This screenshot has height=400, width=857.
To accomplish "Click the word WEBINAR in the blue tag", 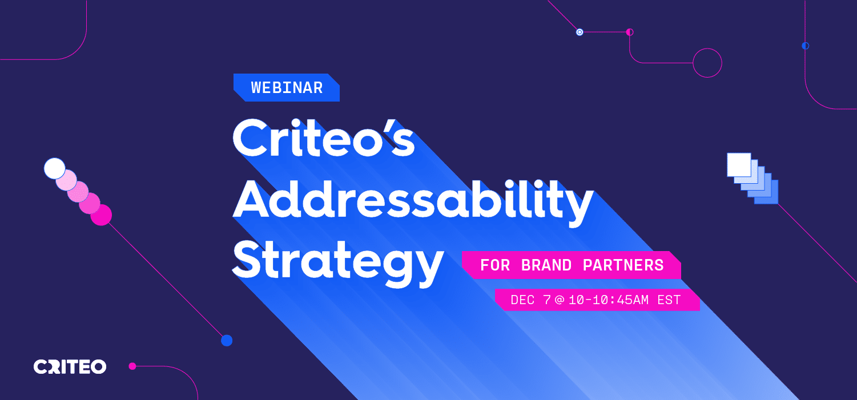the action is pyautogui.click(x=287, y=88).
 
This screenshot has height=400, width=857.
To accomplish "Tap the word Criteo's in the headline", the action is pyautogui.click(x=324, y=138).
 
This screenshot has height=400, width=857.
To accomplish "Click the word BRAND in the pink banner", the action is pyautogui.click(x=546, y=265).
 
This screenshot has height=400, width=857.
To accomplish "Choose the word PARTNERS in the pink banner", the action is pyautogui.click(x=623, y=265).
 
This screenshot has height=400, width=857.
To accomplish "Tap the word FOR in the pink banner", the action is pyautogui.click(x=495, y=265).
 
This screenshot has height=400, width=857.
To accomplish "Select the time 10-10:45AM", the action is pyautogui.click(x=609, y=300).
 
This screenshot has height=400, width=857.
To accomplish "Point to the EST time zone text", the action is pyautogui.click(x=669, y=300).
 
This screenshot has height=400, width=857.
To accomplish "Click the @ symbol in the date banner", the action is pyautogui.click(x=560, y=300).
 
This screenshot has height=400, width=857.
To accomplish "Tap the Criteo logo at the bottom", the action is pyautogui.click(x=70, y=367).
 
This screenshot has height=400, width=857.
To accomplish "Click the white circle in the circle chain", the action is pyautogui.click(x=55, y=168).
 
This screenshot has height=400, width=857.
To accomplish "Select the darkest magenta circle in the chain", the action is pyautogui.click(x=101, y=215).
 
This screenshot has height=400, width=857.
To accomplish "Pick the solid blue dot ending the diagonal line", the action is pyautogui.click(x=227, y=340).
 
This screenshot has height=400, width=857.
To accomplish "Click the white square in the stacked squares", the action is pyautogui.click(x=739, y=165).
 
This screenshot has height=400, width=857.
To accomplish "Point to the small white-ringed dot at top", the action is pyautogui.click(x=580, y=32).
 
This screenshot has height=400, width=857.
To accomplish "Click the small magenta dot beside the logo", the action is pyautogui.click(x=132, y=366).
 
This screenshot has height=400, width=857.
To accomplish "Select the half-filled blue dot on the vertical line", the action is pyautogui.click(x=806, y=46).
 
